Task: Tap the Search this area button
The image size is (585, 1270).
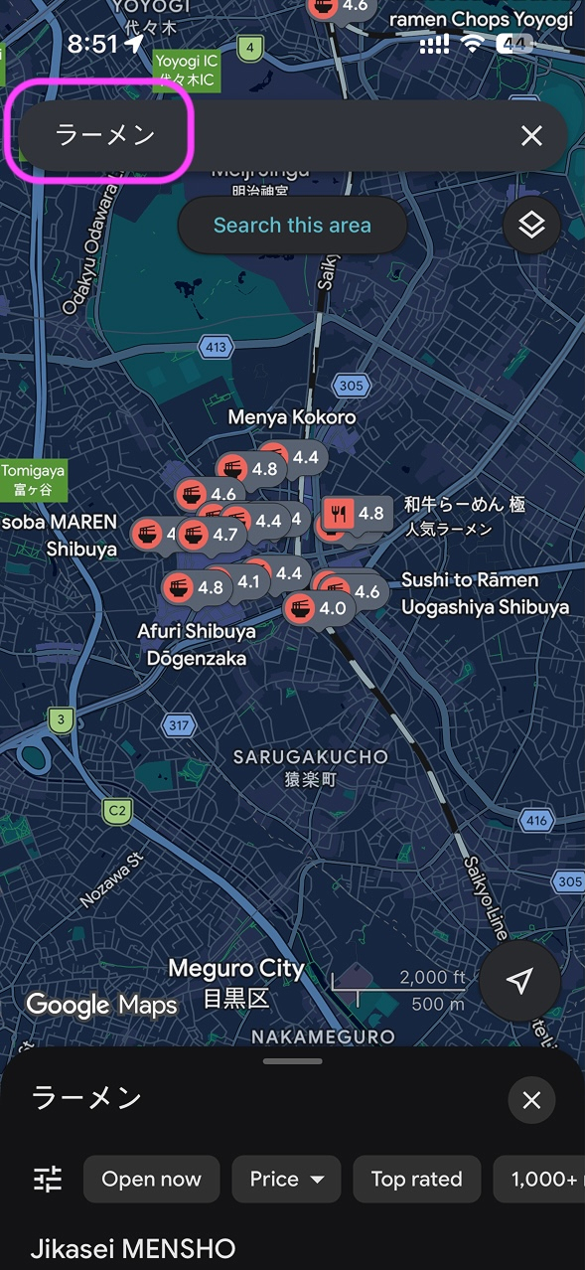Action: (x=292, y=226)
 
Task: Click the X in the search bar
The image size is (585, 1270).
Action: (x=531, y=136)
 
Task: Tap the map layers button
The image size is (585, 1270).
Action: (x=531, y=226)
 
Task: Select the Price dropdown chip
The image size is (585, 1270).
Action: (x=286, y=1180)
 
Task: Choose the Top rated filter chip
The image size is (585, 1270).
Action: (x=416, y=1180)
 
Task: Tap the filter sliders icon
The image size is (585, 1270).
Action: (x=48, y=1180)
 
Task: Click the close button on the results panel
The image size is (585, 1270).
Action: (x=531, y=1100)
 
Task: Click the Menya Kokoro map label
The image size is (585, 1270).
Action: (x=292, y=417)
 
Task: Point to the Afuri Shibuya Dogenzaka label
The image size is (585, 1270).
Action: (x=197, y=644)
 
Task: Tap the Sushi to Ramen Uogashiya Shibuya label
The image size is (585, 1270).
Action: (x=485, y=593)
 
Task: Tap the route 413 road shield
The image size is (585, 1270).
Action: (x=217, y=348)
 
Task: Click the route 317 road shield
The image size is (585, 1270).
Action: (x=178, y=725)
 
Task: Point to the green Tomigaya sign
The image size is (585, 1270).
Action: (x=33, y=480)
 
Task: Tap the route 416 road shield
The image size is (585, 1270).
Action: (x=536, y=821)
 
